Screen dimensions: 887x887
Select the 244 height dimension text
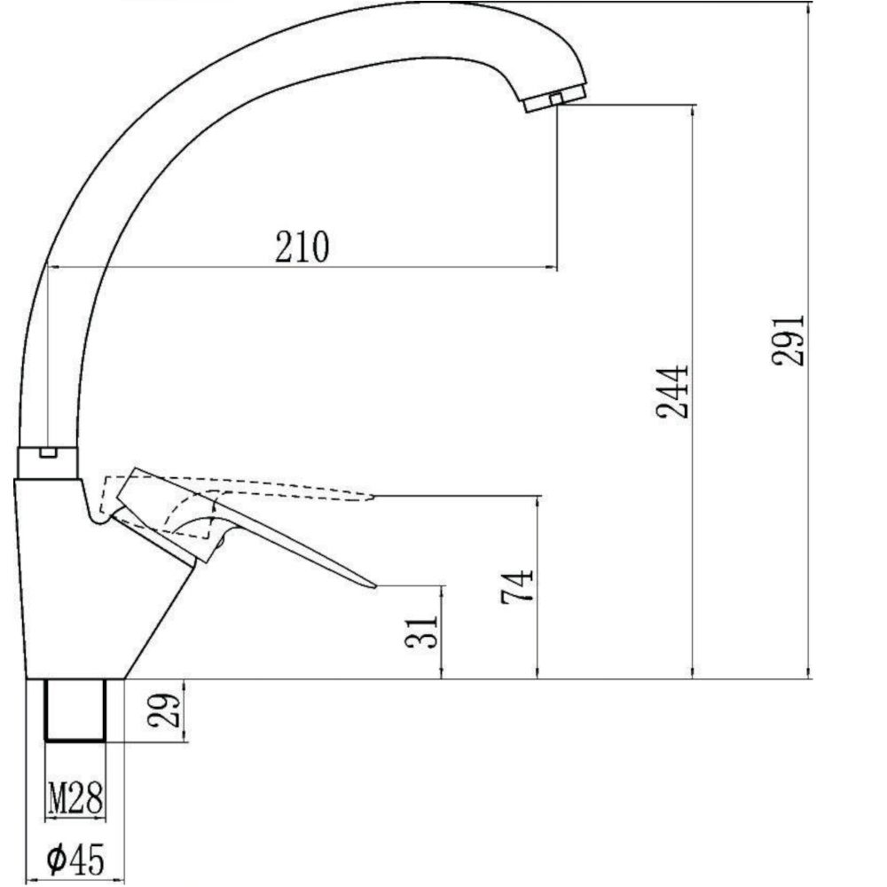(671, 390)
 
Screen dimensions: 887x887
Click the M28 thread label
(75, 799)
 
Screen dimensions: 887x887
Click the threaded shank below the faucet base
(75, 710)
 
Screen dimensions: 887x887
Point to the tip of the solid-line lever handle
(373, 585)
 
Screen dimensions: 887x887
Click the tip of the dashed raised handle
(371, 497)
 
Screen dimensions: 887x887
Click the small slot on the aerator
(556, 97)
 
